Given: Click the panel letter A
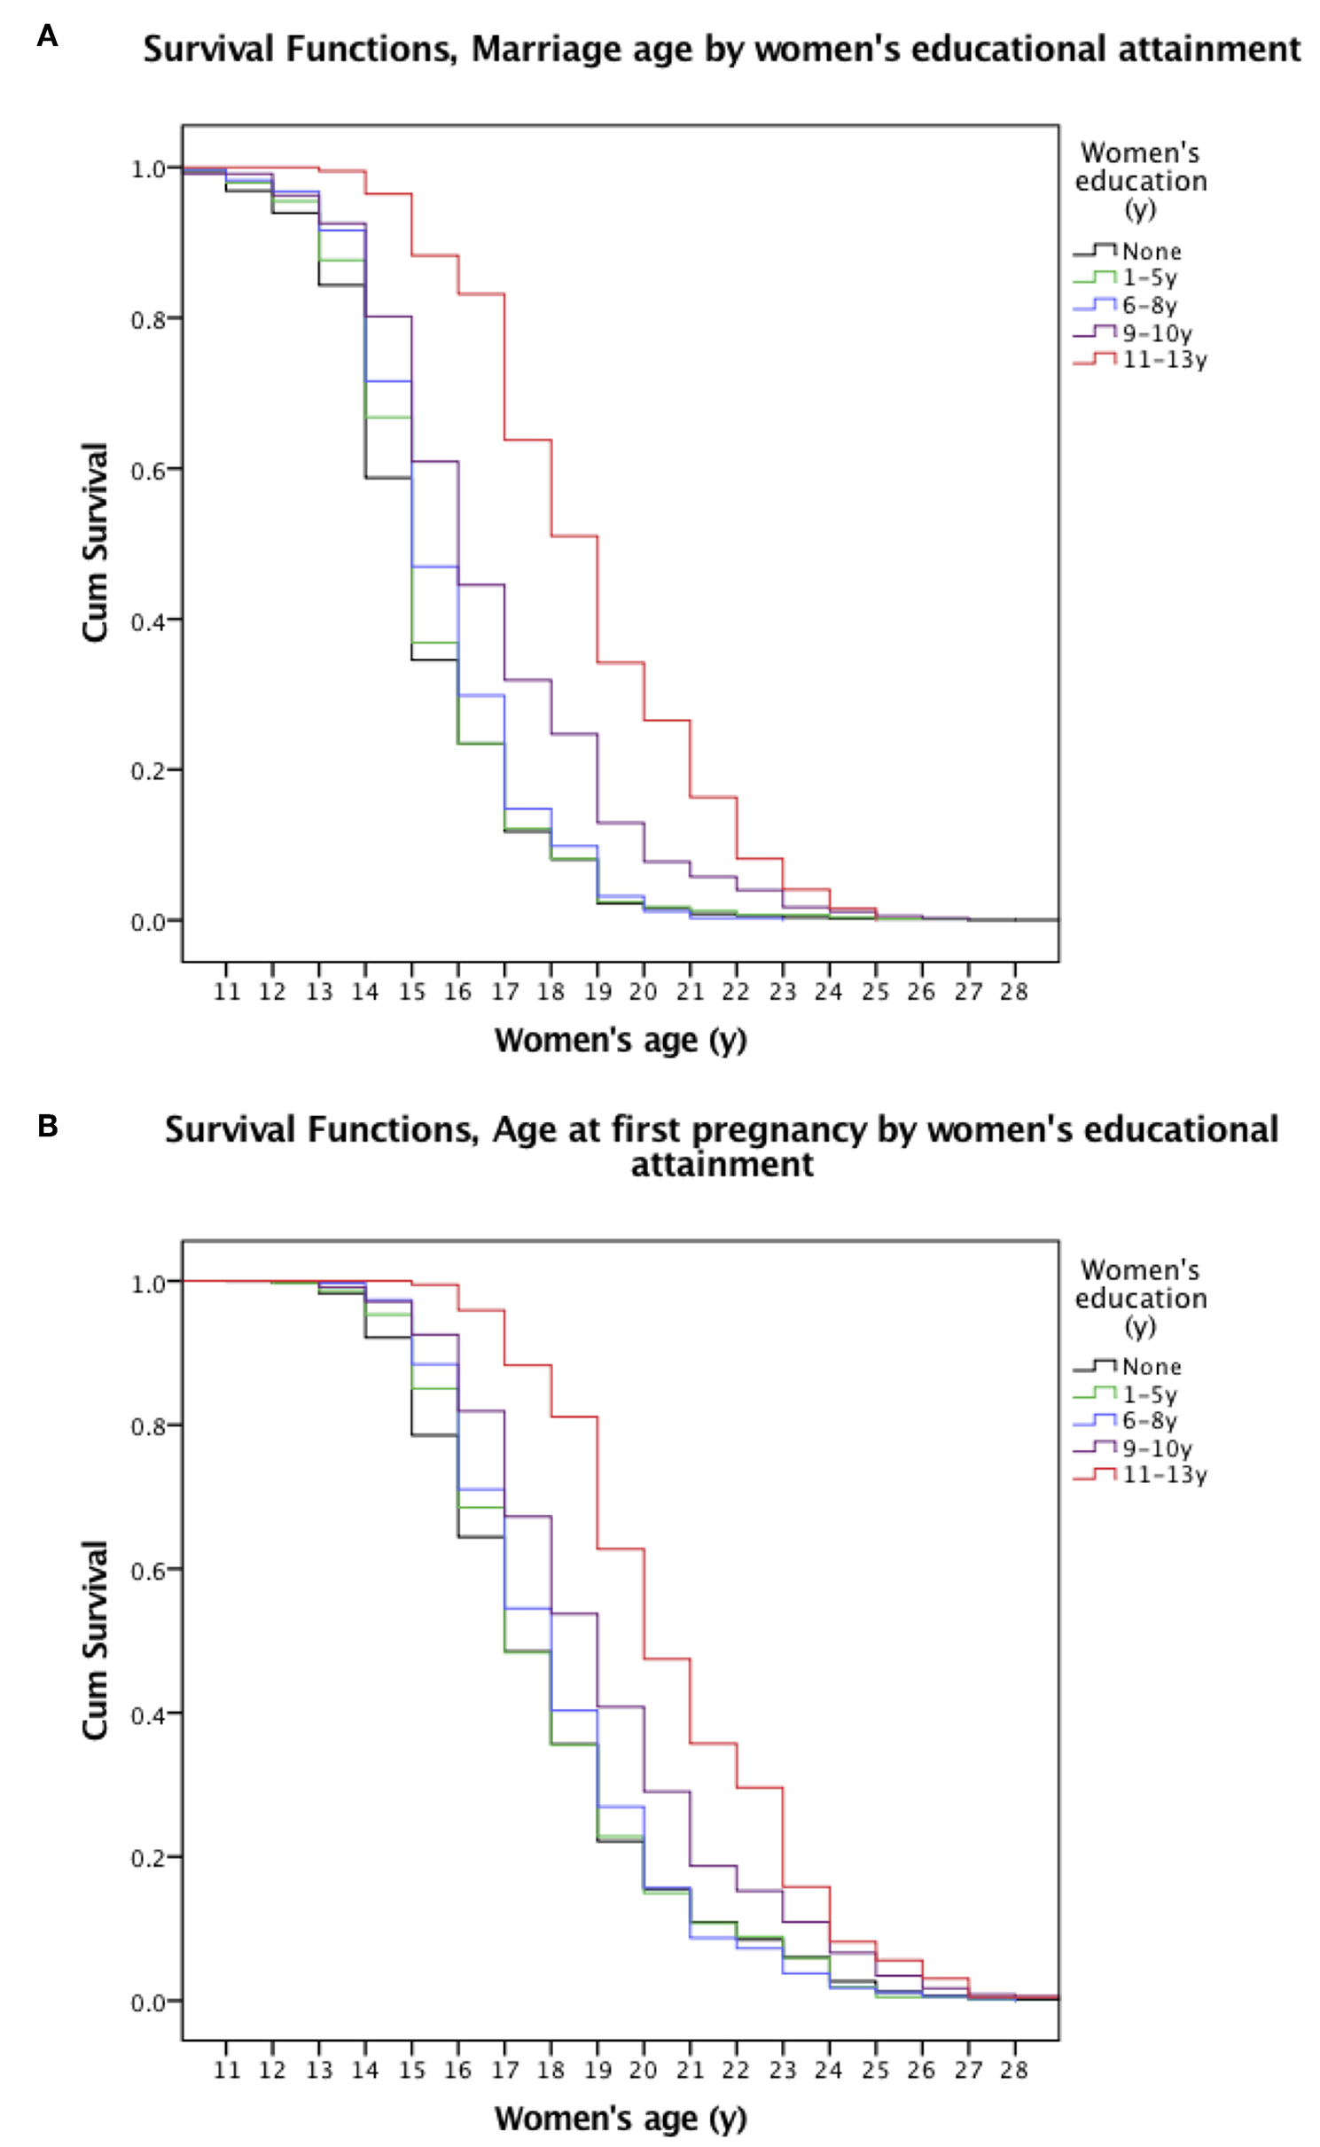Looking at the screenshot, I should coord(47,36).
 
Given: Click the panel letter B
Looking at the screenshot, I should coord(47,1126).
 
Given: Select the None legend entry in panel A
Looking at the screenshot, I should coord(1150,252).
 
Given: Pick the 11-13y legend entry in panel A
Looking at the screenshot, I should coord(1162,359).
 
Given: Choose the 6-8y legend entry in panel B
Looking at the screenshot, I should coord(1148,1421).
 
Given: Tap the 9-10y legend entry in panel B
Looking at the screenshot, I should coord(1156,1448).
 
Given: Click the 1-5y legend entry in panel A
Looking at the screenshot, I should coord(1148,278).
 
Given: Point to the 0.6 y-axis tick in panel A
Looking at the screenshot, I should coord(149,470).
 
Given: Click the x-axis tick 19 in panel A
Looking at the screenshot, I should coord(598,992).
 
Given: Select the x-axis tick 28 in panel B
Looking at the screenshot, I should coord(1013,2071).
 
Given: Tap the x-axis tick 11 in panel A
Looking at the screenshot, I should coord(227,992).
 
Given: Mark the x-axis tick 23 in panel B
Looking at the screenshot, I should coord(782,2071).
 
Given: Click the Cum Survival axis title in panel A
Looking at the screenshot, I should coord(95,543).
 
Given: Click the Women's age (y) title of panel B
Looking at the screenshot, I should coord(621,2119).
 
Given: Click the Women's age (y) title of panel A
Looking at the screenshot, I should coord(621,1040).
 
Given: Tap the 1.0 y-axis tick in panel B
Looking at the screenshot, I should coord(149,1284).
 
